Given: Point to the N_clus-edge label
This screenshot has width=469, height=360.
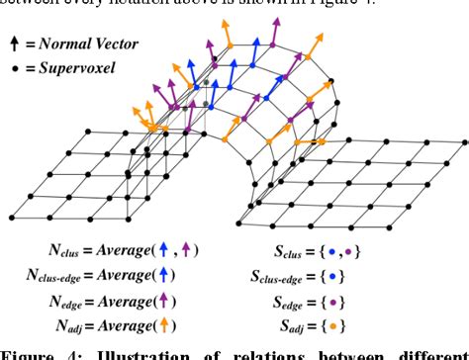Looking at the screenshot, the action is pos(41,275).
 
